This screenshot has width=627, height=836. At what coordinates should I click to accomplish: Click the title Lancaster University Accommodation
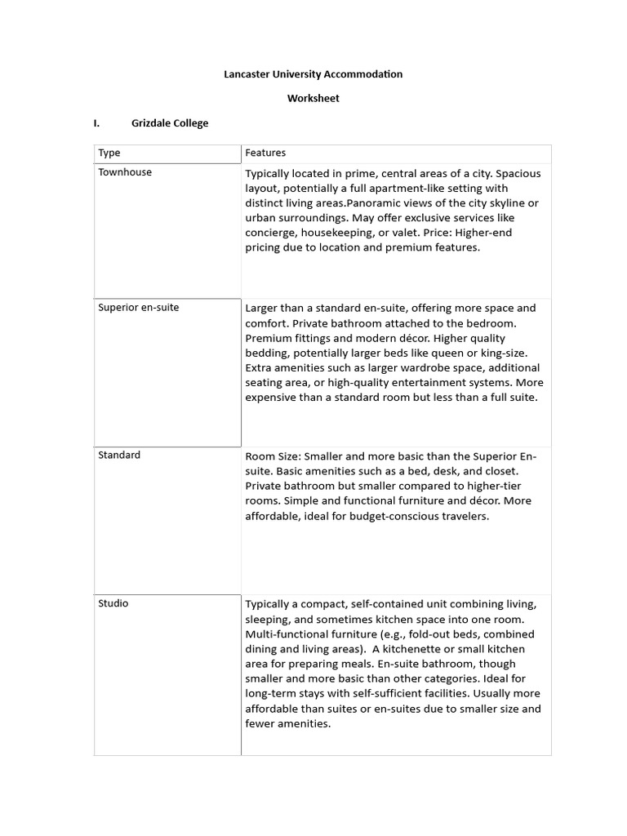click(x=313, y=74)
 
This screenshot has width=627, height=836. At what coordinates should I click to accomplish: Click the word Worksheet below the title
click(x=313, y=99)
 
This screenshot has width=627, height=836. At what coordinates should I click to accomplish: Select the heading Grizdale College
click(x=170, y=123)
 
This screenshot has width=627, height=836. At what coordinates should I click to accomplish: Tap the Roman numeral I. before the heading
click(x=96, y=123)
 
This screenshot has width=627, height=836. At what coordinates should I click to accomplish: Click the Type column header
click(x=109, y=153)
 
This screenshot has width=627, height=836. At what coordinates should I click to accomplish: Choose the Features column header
click(x=265, y=153)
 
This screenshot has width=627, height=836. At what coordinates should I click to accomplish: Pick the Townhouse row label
click(x=125, y=172)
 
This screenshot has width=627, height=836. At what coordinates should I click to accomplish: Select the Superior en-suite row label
click(x=139, y=308)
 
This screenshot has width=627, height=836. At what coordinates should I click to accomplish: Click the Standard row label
click(x=119, y=455)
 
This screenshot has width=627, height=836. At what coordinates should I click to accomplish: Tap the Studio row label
click(x=113, y=603)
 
